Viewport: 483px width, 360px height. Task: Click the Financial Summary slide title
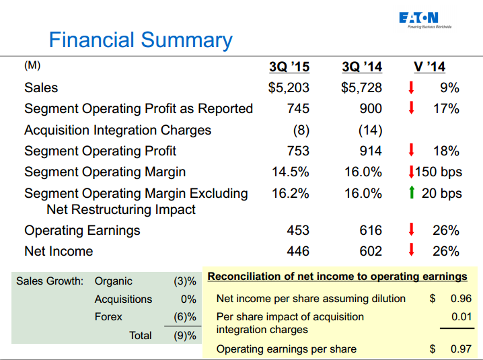pos(141,40)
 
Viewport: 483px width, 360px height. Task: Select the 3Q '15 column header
pos(289,67)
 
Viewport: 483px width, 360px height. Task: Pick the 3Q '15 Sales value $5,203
pos(289,87)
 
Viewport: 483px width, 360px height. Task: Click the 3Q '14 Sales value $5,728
pos(362,87)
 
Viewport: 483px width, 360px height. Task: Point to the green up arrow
pos(411,193)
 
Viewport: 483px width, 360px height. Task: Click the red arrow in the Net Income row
pos(411,251)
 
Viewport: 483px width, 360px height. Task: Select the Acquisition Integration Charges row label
pos(118,130)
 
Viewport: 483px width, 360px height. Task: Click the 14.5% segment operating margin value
pos(291,172)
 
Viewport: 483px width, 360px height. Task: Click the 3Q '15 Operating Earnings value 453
pos(297,230)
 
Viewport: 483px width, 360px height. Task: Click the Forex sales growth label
pos(109,316)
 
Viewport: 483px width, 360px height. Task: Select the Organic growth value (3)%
pos(184,281)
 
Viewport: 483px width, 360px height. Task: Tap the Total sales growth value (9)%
pos(184,335)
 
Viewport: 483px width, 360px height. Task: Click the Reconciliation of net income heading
pos(337,277)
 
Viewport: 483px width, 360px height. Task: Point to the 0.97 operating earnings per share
pos(461,349)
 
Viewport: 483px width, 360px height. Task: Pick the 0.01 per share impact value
pos(461,316)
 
